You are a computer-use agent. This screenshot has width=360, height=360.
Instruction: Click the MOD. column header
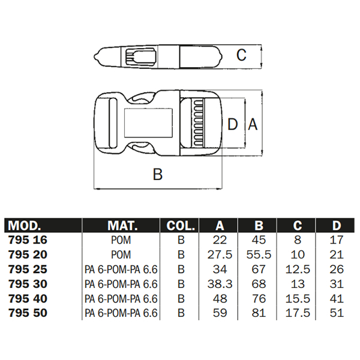click(24, 226)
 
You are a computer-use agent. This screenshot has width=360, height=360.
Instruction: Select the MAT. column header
click(122, 226)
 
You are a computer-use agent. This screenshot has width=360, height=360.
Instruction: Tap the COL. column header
click(181, 226)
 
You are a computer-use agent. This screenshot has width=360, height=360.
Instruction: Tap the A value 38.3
click(220, 284)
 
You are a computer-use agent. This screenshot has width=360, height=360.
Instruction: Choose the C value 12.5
click(298, 269)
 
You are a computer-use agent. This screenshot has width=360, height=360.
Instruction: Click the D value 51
click(337, 313)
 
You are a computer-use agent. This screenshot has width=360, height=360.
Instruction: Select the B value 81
click(259, 313)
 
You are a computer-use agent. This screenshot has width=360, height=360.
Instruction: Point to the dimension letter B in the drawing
click(157, 175)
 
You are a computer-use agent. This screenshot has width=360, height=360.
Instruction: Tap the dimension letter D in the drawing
click(233, 125)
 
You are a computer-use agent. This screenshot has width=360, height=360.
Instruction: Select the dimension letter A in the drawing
click(253, 125)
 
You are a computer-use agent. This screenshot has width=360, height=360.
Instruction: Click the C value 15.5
click(298, 298)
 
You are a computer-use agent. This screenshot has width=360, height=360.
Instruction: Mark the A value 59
click(220, 313)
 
